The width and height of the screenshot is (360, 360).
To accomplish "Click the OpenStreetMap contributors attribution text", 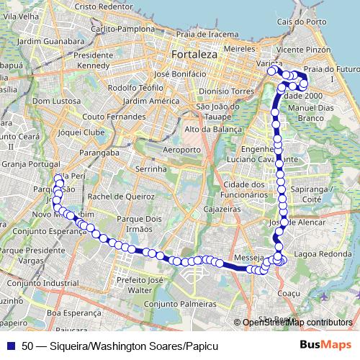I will (x=297, y=322).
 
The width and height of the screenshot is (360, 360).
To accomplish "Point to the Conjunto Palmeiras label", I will (x=180, y=304).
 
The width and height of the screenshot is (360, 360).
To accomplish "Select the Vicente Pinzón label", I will (x=302, y=50).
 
